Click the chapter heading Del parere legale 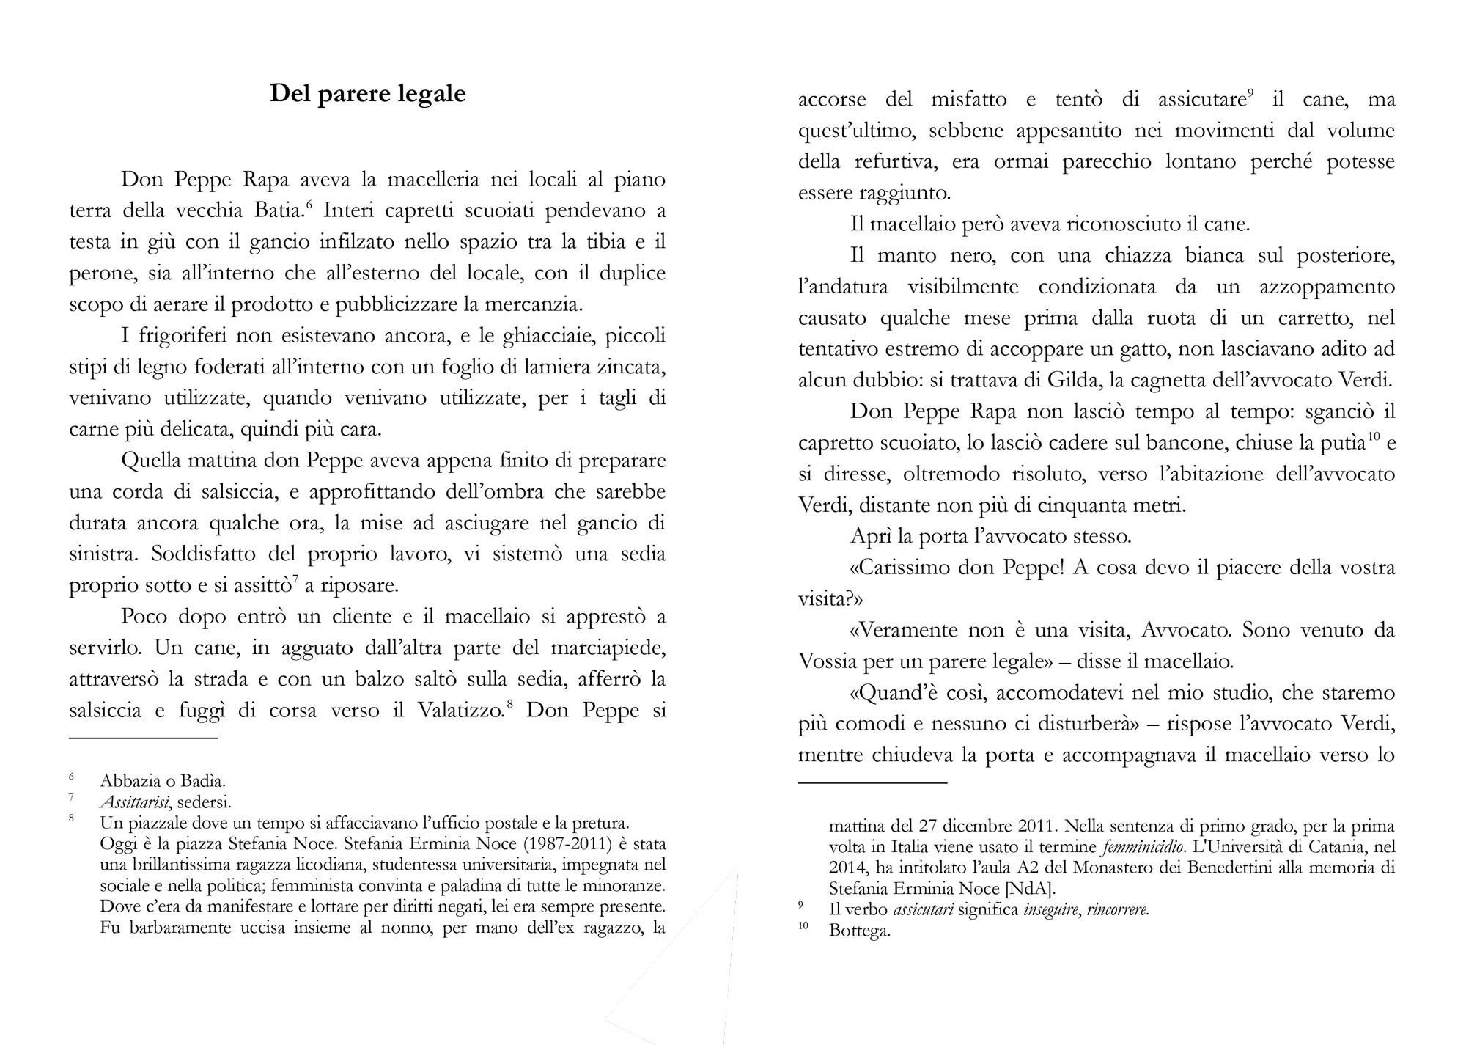pos(367,94)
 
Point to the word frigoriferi pos(177,336)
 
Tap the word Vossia pos(828,661)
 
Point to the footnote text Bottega pos(859,932)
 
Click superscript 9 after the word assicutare pos(1251,93)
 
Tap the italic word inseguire pos(1050,911)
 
